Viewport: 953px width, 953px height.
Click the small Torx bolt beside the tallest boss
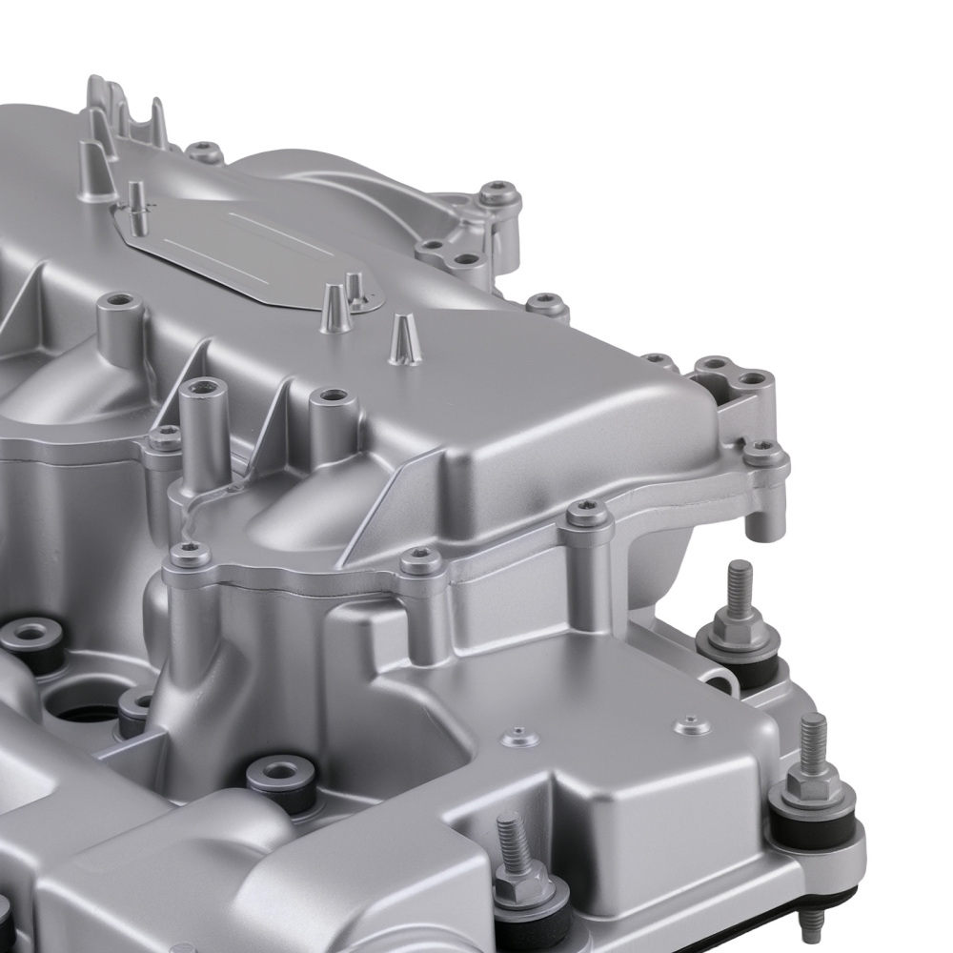[x=166, y=439]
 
